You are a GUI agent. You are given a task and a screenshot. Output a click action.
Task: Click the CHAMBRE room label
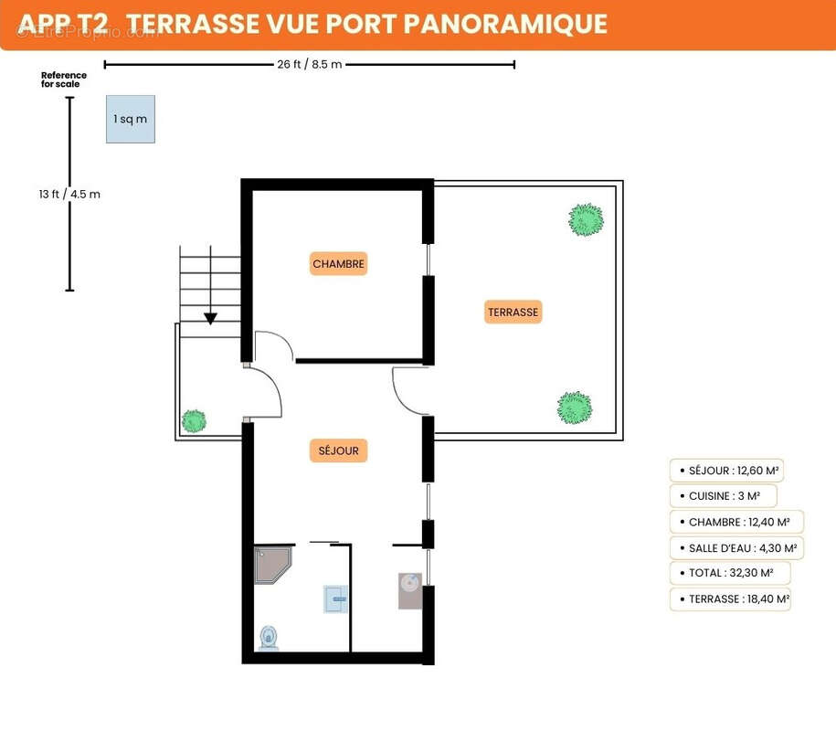(339, 263)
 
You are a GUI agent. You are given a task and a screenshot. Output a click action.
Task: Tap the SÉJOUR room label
(339, 450)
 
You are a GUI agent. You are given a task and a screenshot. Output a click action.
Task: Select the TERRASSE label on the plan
(513, 312)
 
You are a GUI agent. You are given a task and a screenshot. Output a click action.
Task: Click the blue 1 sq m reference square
(131, 119)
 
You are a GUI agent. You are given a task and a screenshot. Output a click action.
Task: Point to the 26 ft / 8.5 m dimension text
(309, 65)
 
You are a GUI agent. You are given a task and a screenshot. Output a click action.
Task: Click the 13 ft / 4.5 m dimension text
(69, 194)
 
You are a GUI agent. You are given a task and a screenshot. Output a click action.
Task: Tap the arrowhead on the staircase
(211, 318)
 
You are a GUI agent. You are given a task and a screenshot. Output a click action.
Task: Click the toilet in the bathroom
(269, 638)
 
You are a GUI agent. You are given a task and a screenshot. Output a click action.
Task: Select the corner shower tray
(273, 565)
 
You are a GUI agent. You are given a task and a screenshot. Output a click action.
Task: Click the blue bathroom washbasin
(336, 599)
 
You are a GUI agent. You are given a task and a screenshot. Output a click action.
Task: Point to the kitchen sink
(410, 591)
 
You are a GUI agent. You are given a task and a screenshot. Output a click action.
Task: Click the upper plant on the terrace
(586, 219)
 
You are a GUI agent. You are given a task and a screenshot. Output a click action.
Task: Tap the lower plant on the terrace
(575, 408)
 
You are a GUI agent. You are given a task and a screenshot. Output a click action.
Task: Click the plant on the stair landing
(194, 421)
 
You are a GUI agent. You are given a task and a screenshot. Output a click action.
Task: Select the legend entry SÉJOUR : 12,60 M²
(726, 471)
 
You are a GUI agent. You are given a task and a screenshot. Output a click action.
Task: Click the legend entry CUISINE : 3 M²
(723, 496)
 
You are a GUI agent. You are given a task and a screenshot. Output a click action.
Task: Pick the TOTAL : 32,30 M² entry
(730, 573)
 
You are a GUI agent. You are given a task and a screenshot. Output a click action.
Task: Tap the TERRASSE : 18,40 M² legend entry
(730, 599)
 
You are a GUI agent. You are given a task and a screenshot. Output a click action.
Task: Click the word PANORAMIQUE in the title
(505, 24)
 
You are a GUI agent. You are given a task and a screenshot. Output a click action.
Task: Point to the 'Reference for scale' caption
(63, 79)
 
